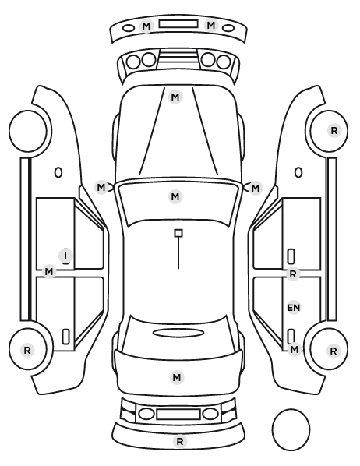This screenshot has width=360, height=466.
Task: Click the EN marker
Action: point(294,308)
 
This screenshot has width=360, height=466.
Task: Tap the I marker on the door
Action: point(65,256)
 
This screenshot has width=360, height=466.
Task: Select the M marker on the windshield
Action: point(175,196)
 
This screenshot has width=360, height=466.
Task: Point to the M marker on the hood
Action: point(175,97)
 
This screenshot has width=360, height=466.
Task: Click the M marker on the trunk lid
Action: point(177,377)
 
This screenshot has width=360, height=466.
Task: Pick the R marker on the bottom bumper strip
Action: point(179,442)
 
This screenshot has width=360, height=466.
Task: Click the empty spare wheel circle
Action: point(291,429)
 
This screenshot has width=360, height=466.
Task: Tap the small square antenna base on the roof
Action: point(178,233)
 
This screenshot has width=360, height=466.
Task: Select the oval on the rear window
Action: point(178,333)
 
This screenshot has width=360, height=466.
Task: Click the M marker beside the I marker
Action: point(49,272)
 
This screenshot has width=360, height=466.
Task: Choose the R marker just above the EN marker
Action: point(293,274)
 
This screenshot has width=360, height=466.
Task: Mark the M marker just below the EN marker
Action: point(294,349)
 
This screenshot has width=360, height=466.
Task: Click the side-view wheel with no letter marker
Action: point(28,131)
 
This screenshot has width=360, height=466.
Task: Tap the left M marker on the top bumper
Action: point(146,26)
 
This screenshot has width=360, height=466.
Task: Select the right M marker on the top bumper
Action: point(210,25)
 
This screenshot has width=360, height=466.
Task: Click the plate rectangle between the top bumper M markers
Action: point(178,24)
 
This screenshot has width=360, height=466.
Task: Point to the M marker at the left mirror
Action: point(101,188)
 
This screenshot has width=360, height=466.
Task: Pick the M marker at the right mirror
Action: point(256,188)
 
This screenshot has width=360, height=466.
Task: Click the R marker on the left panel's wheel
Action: point(27,350)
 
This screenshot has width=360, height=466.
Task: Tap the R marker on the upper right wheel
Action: point(334,130)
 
